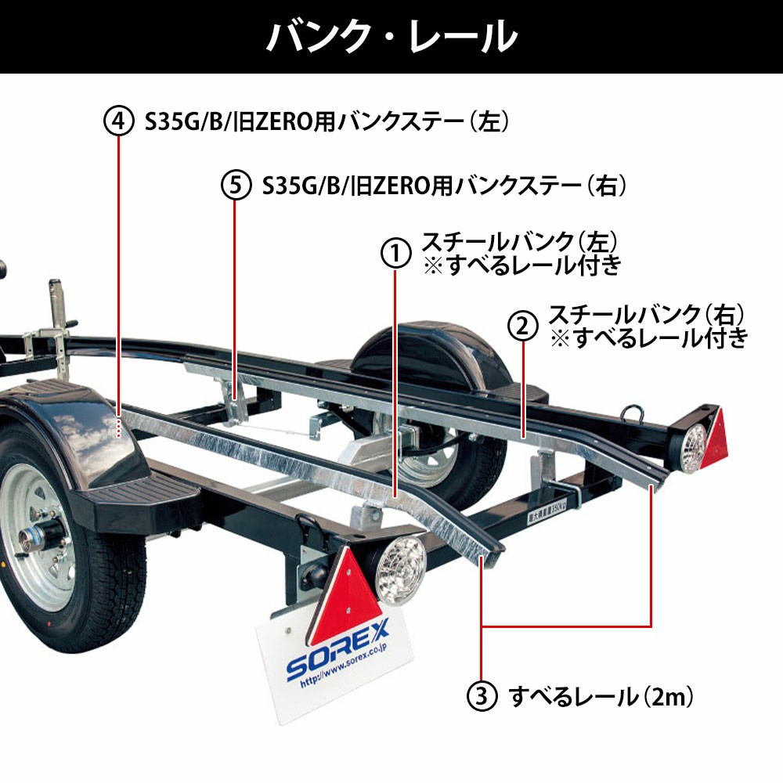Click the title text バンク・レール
392,37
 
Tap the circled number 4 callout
119,121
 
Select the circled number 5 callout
236,185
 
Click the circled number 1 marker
396,253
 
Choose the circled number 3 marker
482,696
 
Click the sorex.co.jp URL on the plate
344,666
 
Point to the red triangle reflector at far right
714,440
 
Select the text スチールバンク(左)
519,242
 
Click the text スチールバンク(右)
646,315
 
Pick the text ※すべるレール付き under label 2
648,339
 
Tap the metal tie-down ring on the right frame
632,413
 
